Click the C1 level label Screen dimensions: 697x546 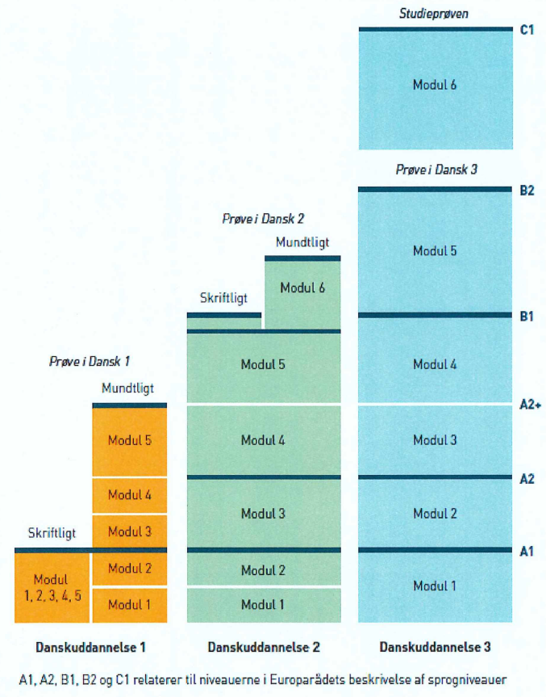click(x=527, y=30)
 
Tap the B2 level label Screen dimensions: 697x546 click(x=527, y=191)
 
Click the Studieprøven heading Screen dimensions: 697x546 click(x=434, y=14)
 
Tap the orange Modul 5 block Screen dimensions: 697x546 click(x=130, y=441)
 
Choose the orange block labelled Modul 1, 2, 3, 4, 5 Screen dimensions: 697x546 click(x=52, y=587)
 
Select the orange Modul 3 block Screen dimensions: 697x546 click(x=130, y=531)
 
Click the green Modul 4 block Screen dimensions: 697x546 click(x=263, y=441)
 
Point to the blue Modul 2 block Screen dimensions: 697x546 click(x=435, y=514)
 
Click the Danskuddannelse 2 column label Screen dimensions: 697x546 click(x=263, y=647)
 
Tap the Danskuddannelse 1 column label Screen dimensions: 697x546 click(x=90, y=647)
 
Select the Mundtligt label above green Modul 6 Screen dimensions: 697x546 click(x=302, y=242)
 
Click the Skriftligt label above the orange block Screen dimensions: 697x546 click(x=52, y=534)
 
